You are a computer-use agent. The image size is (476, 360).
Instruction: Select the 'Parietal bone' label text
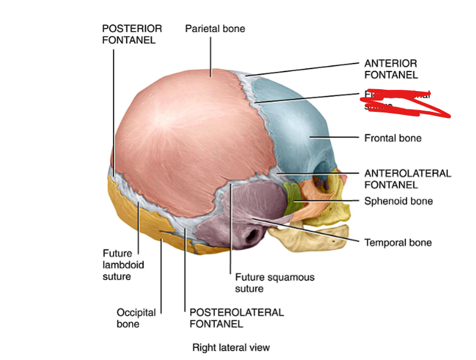pyautogui.click(x=215, y=29)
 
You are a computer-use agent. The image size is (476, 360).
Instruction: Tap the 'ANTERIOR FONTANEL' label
pyautogui.click(x=391, y=69)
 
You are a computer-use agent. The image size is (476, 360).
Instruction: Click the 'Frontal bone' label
pyautogui.click(x=393, y=138)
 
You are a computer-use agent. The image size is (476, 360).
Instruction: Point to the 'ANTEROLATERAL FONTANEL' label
pyautogui.click(x=408, y=178)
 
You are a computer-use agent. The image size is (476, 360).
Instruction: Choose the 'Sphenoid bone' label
pyautogui.click(x=398, y=201)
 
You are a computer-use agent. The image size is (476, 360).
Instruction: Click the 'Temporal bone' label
pyautogui.click(x=398, y=243)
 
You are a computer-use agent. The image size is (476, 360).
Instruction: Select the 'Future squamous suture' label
pyautogui.click(x=274, y=282)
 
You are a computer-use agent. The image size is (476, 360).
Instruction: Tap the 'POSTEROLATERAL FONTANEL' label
pyautogui.click(x=236, y=318)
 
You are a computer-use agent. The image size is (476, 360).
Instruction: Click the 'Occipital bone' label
pyautogui.click(x=136, y=318)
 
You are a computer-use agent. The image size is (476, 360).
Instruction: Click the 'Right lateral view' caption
pyautogui.click(x=231, y=348)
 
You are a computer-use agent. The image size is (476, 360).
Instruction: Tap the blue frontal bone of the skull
pyautogui.click(x=299, y=134)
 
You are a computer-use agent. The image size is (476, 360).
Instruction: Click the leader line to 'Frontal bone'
pyautogui.click(x=336, y=138)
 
